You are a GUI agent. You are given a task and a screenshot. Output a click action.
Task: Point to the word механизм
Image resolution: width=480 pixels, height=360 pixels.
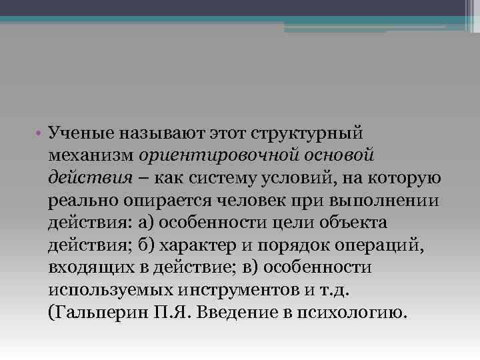[91, 155]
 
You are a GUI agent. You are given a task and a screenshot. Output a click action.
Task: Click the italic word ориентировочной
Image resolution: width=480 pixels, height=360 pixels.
[215, 155]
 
